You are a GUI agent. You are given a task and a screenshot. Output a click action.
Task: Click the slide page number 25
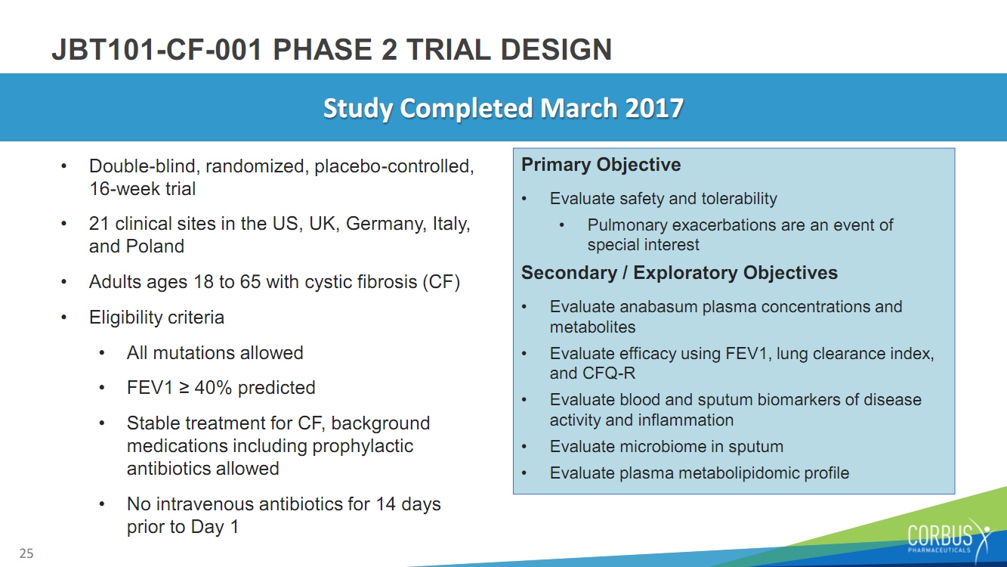point(26,553)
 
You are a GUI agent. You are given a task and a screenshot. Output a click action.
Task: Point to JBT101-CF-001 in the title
point(157,49)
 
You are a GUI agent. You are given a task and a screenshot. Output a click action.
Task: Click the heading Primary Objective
point(601,165)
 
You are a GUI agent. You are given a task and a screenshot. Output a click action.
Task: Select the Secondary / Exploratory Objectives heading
point(679,273)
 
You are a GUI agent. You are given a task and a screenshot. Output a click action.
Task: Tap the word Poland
point(155,246)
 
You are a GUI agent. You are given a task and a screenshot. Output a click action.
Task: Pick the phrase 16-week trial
point(143,188)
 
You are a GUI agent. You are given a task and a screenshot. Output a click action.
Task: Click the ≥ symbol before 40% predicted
point(184,388)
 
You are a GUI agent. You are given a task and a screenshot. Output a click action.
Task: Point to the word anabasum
point(658,306)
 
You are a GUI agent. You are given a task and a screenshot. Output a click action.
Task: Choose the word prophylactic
point(363,446)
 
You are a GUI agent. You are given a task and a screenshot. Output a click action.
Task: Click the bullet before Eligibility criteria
point(64,318)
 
